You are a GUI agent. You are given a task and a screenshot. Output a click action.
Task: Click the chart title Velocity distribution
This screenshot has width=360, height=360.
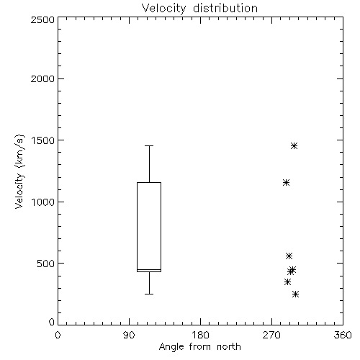(199, 9)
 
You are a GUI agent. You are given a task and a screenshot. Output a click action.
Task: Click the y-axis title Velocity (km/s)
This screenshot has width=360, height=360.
(19, 171)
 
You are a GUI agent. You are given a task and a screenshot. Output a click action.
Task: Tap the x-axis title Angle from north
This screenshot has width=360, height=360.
(199, 347)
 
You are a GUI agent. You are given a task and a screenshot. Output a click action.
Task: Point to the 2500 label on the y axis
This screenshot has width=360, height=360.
(42, 19)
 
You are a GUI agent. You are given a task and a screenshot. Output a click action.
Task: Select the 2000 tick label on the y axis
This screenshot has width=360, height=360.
(42, 78)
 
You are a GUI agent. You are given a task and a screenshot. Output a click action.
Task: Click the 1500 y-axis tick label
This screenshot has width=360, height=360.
(42, 140)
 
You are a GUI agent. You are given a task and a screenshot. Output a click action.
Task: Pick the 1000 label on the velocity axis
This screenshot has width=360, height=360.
(42, 202)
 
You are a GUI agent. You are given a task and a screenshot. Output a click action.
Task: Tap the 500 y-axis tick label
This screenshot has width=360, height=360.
(46, 264)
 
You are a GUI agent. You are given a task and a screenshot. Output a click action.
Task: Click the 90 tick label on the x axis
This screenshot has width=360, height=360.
(129, 335)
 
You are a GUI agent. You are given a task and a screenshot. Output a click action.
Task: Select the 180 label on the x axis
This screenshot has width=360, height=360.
(200, 335)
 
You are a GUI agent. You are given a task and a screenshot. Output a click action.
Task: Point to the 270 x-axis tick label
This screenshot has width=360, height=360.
(271, 335)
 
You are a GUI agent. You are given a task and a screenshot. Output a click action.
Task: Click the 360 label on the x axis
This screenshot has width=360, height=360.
(343, 335)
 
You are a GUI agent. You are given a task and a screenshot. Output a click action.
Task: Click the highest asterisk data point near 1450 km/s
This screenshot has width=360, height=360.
(294, 145)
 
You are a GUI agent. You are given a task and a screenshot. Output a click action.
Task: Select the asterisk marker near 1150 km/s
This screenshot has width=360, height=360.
(286, 183)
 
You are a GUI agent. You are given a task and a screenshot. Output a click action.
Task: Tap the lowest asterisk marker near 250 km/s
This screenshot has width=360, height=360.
(295, 294)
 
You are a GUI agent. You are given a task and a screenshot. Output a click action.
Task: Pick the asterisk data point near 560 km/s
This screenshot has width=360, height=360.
(289, 256)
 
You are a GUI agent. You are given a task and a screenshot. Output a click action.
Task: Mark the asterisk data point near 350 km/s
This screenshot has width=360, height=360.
(287, 282)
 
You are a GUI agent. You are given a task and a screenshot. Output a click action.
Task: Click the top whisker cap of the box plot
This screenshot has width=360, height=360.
(149, 145)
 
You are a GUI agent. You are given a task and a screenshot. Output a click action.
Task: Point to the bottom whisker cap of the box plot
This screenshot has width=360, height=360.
(149, 294)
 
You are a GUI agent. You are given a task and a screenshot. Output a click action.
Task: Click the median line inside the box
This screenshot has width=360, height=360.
(149, 269)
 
